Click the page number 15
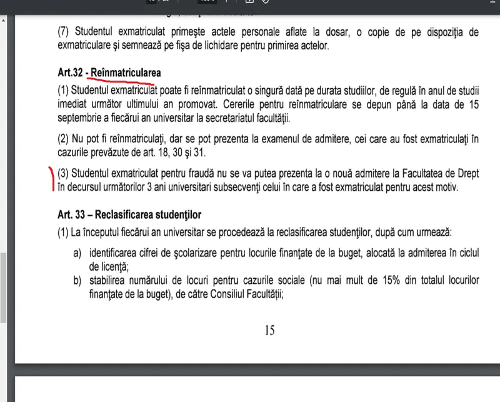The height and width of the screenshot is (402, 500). pyautogui.click(x=269, y=330)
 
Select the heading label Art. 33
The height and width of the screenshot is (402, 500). pyautogui.click(x=73, y=216)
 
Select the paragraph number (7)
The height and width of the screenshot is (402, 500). pyautogui.click(x=65, y=32)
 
